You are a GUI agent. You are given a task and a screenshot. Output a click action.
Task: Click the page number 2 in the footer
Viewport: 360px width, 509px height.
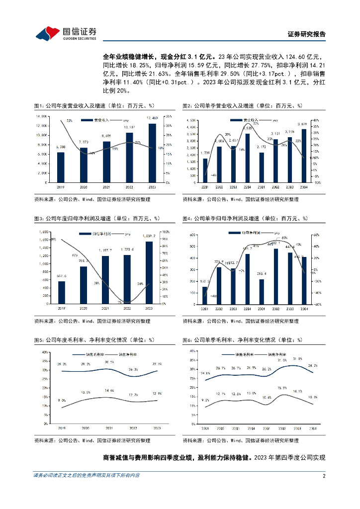pyautogui.click(x=324, y=475)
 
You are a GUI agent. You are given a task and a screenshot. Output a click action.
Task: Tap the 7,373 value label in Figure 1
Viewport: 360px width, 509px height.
pyautogui.click(x=84, y=142)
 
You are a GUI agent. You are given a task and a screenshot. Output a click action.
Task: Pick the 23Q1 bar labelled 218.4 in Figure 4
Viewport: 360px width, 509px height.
pyautogui.click(x=262, y=291)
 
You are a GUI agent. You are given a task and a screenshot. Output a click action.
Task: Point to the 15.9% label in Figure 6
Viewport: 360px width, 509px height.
pyautogui.click(x=282, y=387)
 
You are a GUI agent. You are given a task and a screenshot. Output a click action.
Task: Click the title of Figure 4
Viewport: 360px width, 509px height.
pyautogui.click(x=245, y=219)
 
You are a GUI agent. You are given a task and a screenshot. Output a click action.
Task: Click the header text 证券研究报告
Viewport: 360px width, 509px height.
pyautogui.click(x=307, y=34)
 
